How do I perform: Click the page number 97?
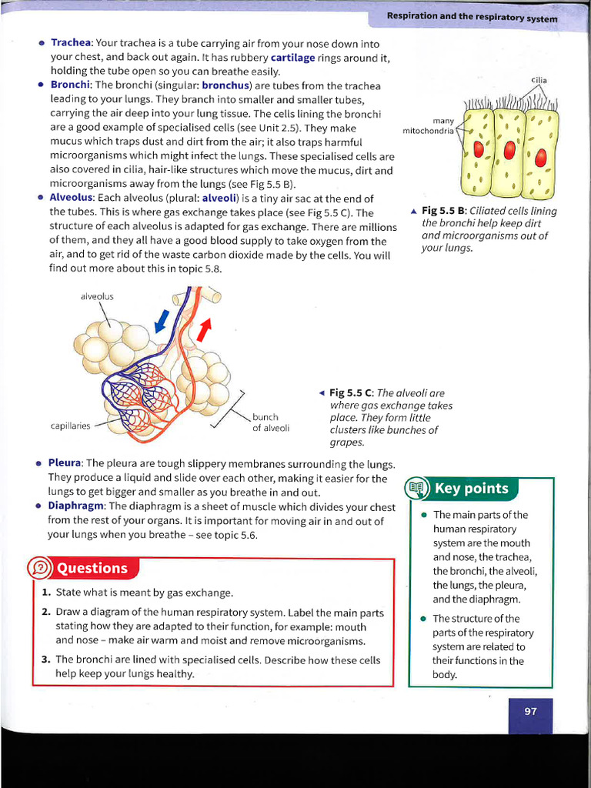(530, 711)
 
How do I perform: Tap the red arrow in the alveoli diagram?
(204, 329)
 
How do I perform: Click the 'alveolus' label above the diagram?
(97, 296)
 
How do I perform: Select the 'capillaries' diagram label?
(71, 426)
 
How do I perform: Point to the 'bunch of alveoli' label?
(271, 422)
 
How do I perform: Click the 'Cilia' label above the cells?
(538, 80)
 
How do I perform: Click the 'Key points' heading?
(471, 489)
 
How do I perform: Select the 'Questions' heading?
(92, 569)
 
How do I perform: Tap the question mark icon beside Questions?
(39, 569)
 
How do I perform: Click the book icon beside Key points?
(416, 488)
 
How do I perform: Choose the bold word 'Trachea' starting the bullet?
(72, 43)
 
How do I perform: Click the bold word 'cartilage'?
(292, 57)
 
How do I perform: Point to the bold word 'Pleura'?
(65, 463)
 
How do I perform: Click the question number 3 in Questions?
(45, 659)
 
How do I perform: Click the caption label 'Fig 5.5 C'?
(351, 393)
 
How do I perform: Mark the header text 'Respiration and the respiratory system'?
(472, 16)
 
